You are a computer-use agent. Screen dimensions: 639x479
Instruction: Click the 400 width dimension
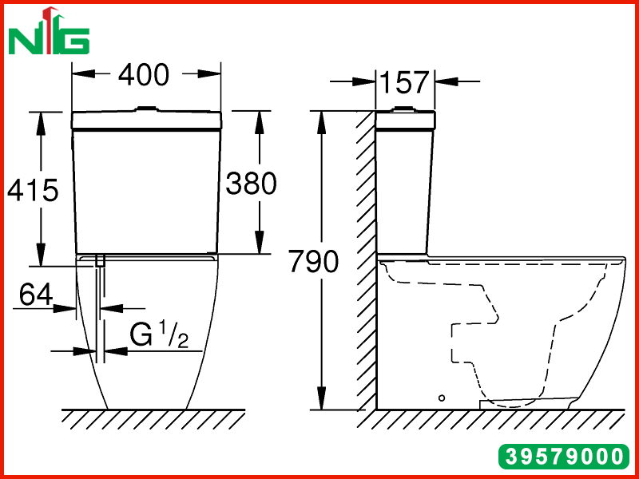144,74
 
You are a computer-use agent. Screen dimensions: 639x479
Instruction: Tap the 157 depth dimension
404,82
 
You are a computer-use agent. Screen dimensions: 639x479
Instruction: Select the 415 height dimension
33,190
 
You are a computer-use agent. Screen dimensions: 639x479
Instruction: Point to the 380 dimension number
251,183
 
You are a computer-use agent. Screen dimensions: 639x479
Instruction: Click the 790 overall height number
314,261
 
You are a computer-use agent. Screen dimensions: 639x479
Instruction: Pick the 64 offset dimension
36,295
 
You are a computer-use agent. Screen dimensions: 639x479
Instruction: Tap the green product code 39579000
564,456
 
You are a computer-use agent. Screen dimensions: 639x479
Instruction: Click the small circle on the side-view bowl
442,398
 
